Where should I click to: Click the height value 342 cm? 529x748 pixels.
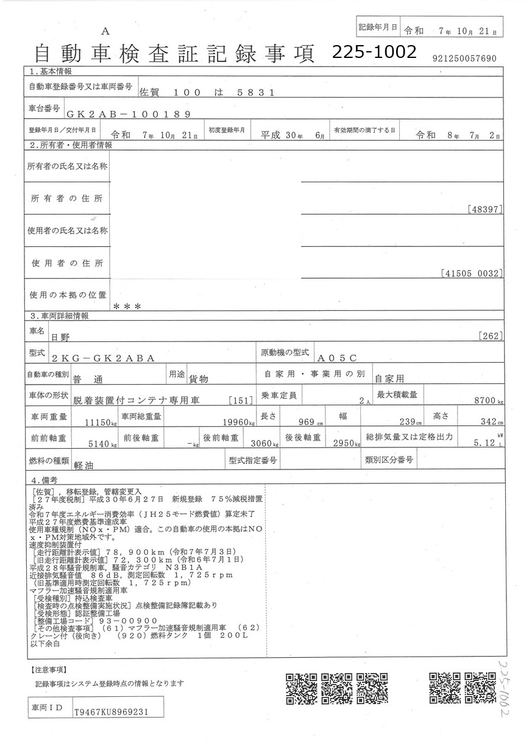tap(486, 422)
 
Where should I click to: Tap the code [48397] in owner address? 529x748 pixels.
tap(486, 209)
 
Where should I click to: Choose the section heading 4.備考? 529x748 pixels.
tap(44, 480)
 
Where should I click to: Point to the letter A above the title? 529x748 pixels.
tap(105, 31)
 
